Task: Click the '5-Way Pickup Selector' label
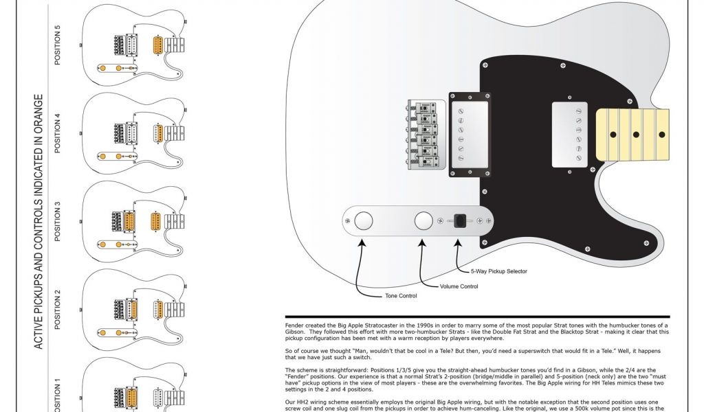click(x=498, y=271)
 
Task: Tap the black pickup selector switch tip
click(x=460, y=220)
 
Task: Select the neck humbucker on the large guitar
click(x=571, y=135)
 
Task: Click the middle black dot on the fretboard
click(x=635, y=135)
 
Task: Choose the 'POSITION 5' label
click(x=58, y=45)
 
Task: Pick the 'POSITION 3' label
click(x=58, y=221)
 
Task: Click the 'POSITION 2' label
click(x=58, y=309)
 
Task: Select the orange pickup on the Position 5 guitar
click(x=158, y=45)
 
